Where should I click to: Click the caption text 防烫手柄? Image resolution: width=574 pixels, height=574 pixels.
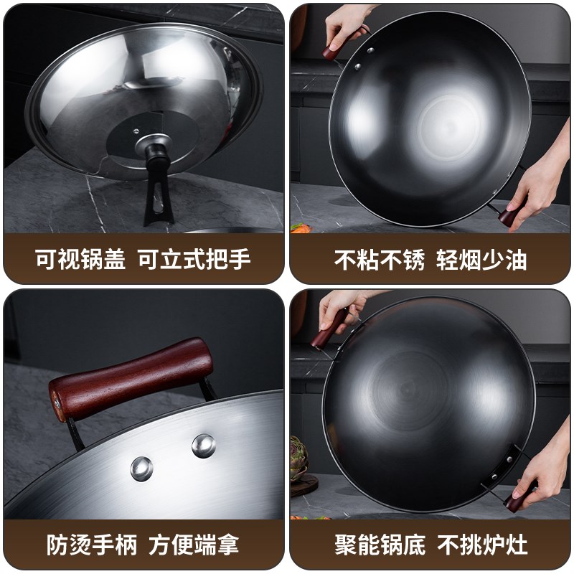pyautogui.click(x=81, y=544)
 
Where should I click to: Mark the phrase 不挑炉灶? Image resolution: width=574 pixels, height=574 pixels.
pyautogui.click(x=483, y=544)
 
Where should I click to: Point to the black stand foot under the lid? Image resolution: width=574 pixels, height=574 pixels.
pyautogui.click(x=160, y=201)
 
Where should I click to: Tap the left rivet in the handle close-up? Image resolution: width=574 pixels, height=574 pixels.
pyautogui.click(x=141, y=469)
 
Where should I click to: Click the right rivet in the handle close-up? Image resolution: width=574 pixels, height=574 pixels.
pyautogui.click(x=204, y=445)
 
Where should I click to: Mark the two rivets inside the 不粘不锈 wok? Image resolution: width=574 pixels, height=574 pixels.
pyautogui.click(x=364, y=59)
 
